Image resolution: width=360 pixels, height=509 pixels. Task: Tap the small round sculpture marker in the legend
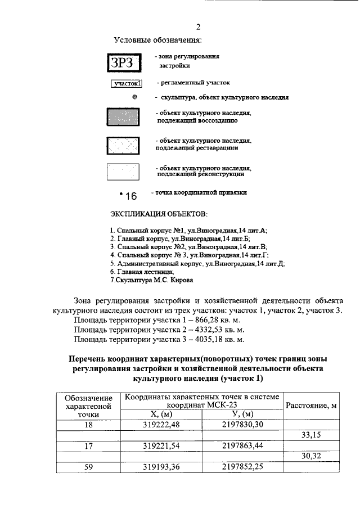click(x=134, y=97)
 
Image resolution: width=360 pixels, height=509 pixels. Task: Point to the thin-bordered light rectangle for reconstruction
click(x=123, y=172)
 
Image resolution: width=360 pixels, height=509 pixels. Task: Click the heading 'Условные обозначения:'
click(x=157, y=40)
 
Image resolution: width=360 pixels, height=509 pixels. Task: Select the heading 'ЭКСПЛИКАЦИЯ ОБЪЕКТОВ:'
click(x=159, y=214)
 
